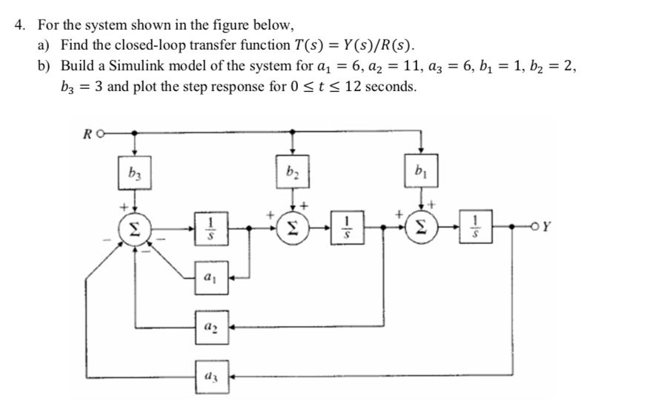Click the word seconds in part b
coord(391,86)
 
